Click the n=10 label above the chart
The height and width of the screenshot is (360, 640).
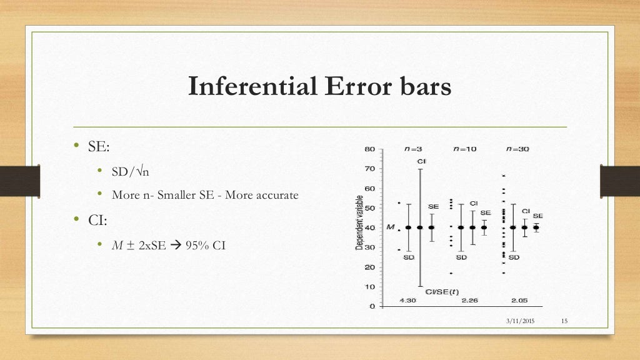point(465,149)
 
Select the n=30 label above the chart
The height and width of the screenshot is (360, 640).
point(517,149)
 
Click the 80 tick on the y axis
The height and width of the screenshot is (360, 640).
point(369,149)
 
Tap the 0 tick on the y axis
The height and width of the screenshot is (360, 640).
point(372,306)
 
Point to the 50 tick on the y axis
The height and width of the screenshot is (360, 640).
point(369,208)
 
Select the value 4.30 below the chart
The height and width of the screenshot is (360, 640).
point(408,301)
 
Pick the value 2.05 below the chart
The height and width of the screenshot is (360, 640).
point(519,301)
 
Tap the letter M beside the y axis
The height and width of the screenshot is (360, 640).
point(391,227)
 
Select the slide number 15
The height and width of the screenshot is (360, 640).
point(564,321)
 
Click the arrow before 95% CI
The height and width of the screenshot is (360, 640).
point(176,245)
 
